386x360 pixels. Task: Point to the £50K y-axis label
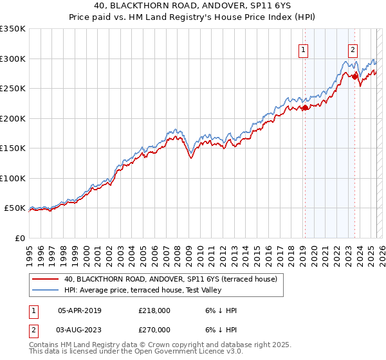point(15,208)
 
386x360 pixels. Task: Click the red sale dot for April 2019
point(305,108)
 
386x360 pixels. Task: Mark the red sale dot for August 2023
point(354,76)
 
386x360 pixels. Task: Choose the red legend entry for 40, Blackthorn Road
point(170,279)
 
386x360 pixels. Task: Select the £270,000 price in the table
point(154,329)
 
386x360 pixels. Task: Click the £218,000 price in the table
point(154,310)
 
